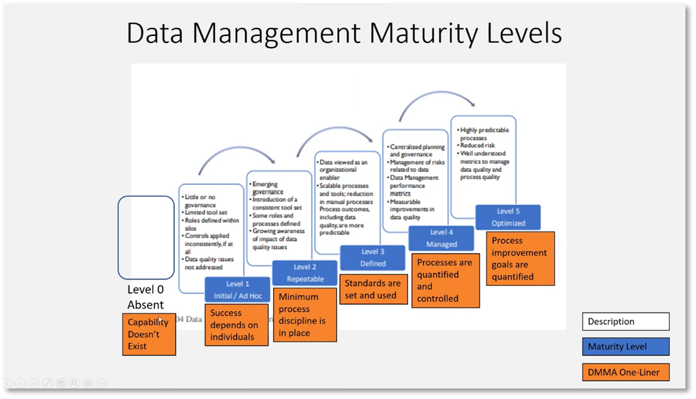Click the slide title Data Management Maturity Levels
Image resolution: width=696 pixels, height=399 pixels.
click(344, 33)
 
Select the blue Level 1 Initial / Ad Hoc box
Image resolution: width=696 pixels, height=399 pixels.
click(237, 290)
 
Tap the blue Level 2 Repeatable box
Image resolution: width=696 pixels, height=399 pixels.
click(304, 273)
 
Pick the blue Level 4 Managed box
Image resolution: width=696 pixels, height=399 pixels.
click(441, 238)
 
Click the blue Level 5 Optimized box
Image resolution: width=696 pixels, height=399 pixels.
click(508, 217)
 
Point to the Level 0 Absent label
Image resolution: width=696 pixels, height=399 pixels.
click(146, 297)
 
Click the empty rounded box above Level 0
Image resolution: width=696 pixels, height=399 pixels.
click(146, 237)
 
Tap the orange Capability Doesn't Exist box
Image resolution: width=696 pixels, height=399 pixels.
click(149, 334)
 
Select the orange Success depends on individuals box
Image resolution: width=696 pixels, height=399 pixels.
click(236, 325)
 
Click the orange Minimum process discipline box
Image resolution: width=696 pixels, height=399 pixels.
click(304, 315)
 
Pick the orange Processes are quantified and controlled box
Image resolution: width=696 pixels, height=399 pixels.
click(445, 280)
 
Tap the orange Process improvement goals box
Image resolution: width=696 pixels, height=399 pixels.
click(520, 259)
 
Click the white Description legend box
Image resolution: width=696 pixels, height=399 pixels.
click(626, 321)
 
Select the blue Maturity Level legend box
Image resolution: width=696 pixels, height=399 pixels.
click(626, 346)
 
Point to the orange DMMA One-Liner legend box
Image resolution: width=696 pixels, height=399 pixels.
click(626, 372)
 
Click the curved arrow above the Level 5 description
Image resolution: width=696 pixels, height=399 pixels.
click(437, 100)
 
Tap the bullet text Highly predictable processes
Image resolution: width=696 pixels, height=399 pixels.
click(484, 134)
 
